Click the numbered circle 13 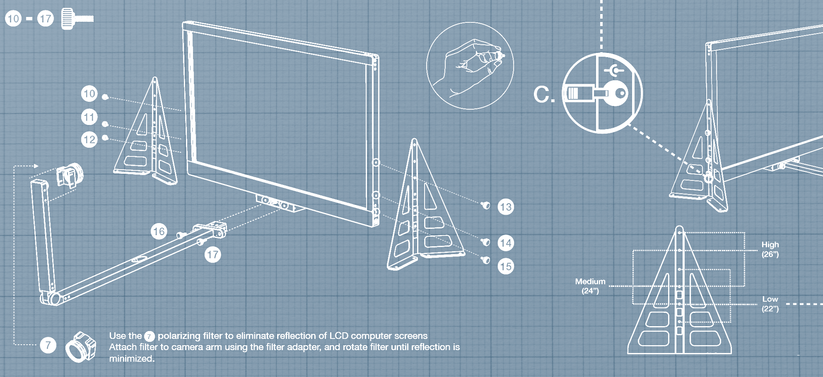(x=506, y=207)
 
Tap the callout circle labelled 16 (x=159, y=231)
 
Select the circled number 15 (x=506, y=267)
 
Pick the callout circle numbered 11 (x=89, y=117)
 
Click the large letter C (x=543, y=95)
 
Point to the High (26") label (x=770, y=250)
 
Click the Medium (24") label (x=590, y=286)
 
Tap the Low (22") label (x=770, y=304)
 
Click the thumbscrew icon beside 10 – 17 (x=77, y=19)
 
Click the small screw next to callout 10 (x=105, y=97)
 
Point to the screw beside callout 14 (x=486, y=241)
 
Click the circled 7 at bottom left (x=48, y=345)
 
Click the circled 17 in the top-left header (x=46, y=19)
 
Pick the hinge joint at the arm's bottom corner (x=52, y=298)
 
